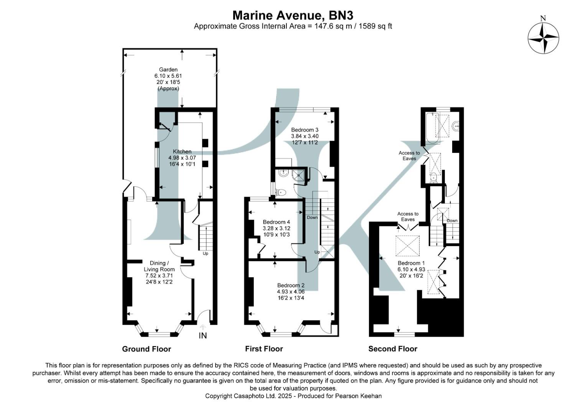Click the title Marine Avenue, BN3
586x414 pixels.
[293, 15]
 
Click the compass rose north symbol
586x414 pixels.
[543, 38]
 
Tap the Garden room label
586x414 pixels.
[168, 70]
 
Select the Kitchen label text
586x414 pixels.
[182, 151]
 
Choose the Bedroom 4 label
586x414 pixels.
[276, 222]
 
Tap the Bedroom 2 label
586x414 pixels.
[291, 285]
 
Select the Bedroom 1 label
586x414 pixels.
[411, 263]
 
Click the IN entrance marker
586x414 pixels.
[202, 336]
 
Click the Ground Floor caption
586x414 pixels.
[146, 349]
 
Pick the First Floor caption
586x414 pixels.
[264, 349]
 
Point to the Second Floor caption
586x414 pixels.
[393, 349]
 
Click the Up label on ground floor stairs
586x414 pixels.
[205, 253]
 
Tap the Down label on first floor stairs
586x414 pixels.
[312, 217]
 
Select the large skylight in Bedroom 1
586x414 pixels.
[407, 246]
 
